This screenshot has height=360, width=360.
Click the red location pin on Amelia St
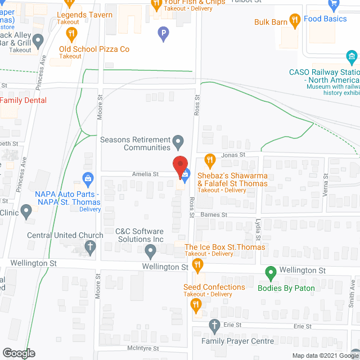180,167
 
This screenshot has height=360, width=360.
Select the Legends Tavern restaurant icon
71,33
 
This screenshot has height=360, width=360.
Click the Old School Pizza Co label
94,49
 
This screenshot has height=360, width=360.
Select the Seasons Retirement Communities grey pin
178,140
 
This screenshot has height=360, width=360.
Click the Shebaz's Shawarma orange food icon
210,160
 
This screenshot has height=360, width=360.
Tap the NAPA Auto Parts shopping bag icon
88,179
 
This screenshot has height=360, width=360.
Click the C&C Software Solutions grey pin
150,250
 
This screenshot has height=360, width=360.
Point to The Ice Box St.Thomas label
224,247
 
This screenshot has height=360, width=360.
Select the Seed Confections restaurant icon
196,305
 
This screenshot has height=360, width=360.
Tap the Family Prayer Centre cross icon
214,325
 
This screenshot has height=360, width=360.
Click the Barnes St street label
214,215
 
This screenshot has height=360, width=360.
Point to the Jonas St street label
234,155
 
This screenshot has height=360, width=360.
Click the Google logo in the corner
18,353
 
